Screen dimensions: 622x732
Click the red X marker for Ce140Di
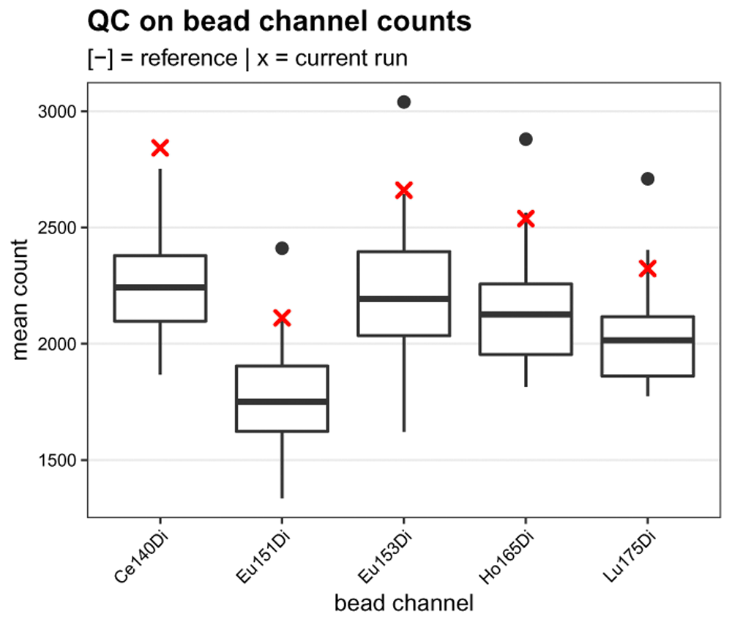click(160, 148)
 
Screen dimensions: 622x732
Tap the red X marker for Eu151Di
click(282, 318)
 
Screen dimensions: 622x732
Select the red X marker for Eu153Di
click(404, 191)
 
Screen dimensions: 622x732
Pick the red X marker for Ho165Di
click(526, 219)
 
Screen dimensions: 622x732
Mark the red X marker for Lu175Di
click(647, 269)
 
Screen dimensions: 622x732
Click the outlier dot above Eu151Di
click(282, 248)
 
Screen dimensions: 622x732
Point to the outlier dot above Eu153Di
click(404, 102)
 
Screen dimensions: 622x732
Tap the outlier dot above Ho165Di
click(526, 139)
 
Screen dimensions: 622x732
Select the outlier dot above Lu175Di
click(647, 179)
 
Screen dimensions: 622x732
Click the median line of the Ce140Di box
click(160, 287)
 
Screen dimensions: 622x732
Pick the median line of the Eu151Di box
click(282, 401)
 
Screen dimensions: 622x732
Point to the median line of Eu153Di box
click(404, 299)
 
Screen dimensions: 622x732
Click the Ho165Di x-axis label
click(504, 559)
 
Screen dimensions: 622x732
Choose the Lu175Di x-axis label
click(627, 559)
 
